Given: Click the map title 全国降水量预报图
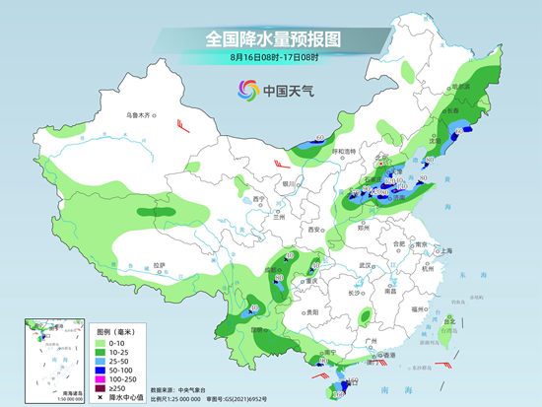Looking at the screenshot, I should pyautogui.click(x=270, y=39).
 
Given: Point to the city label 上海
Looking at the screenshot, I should pyautogui.click(x=444, y=250).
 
